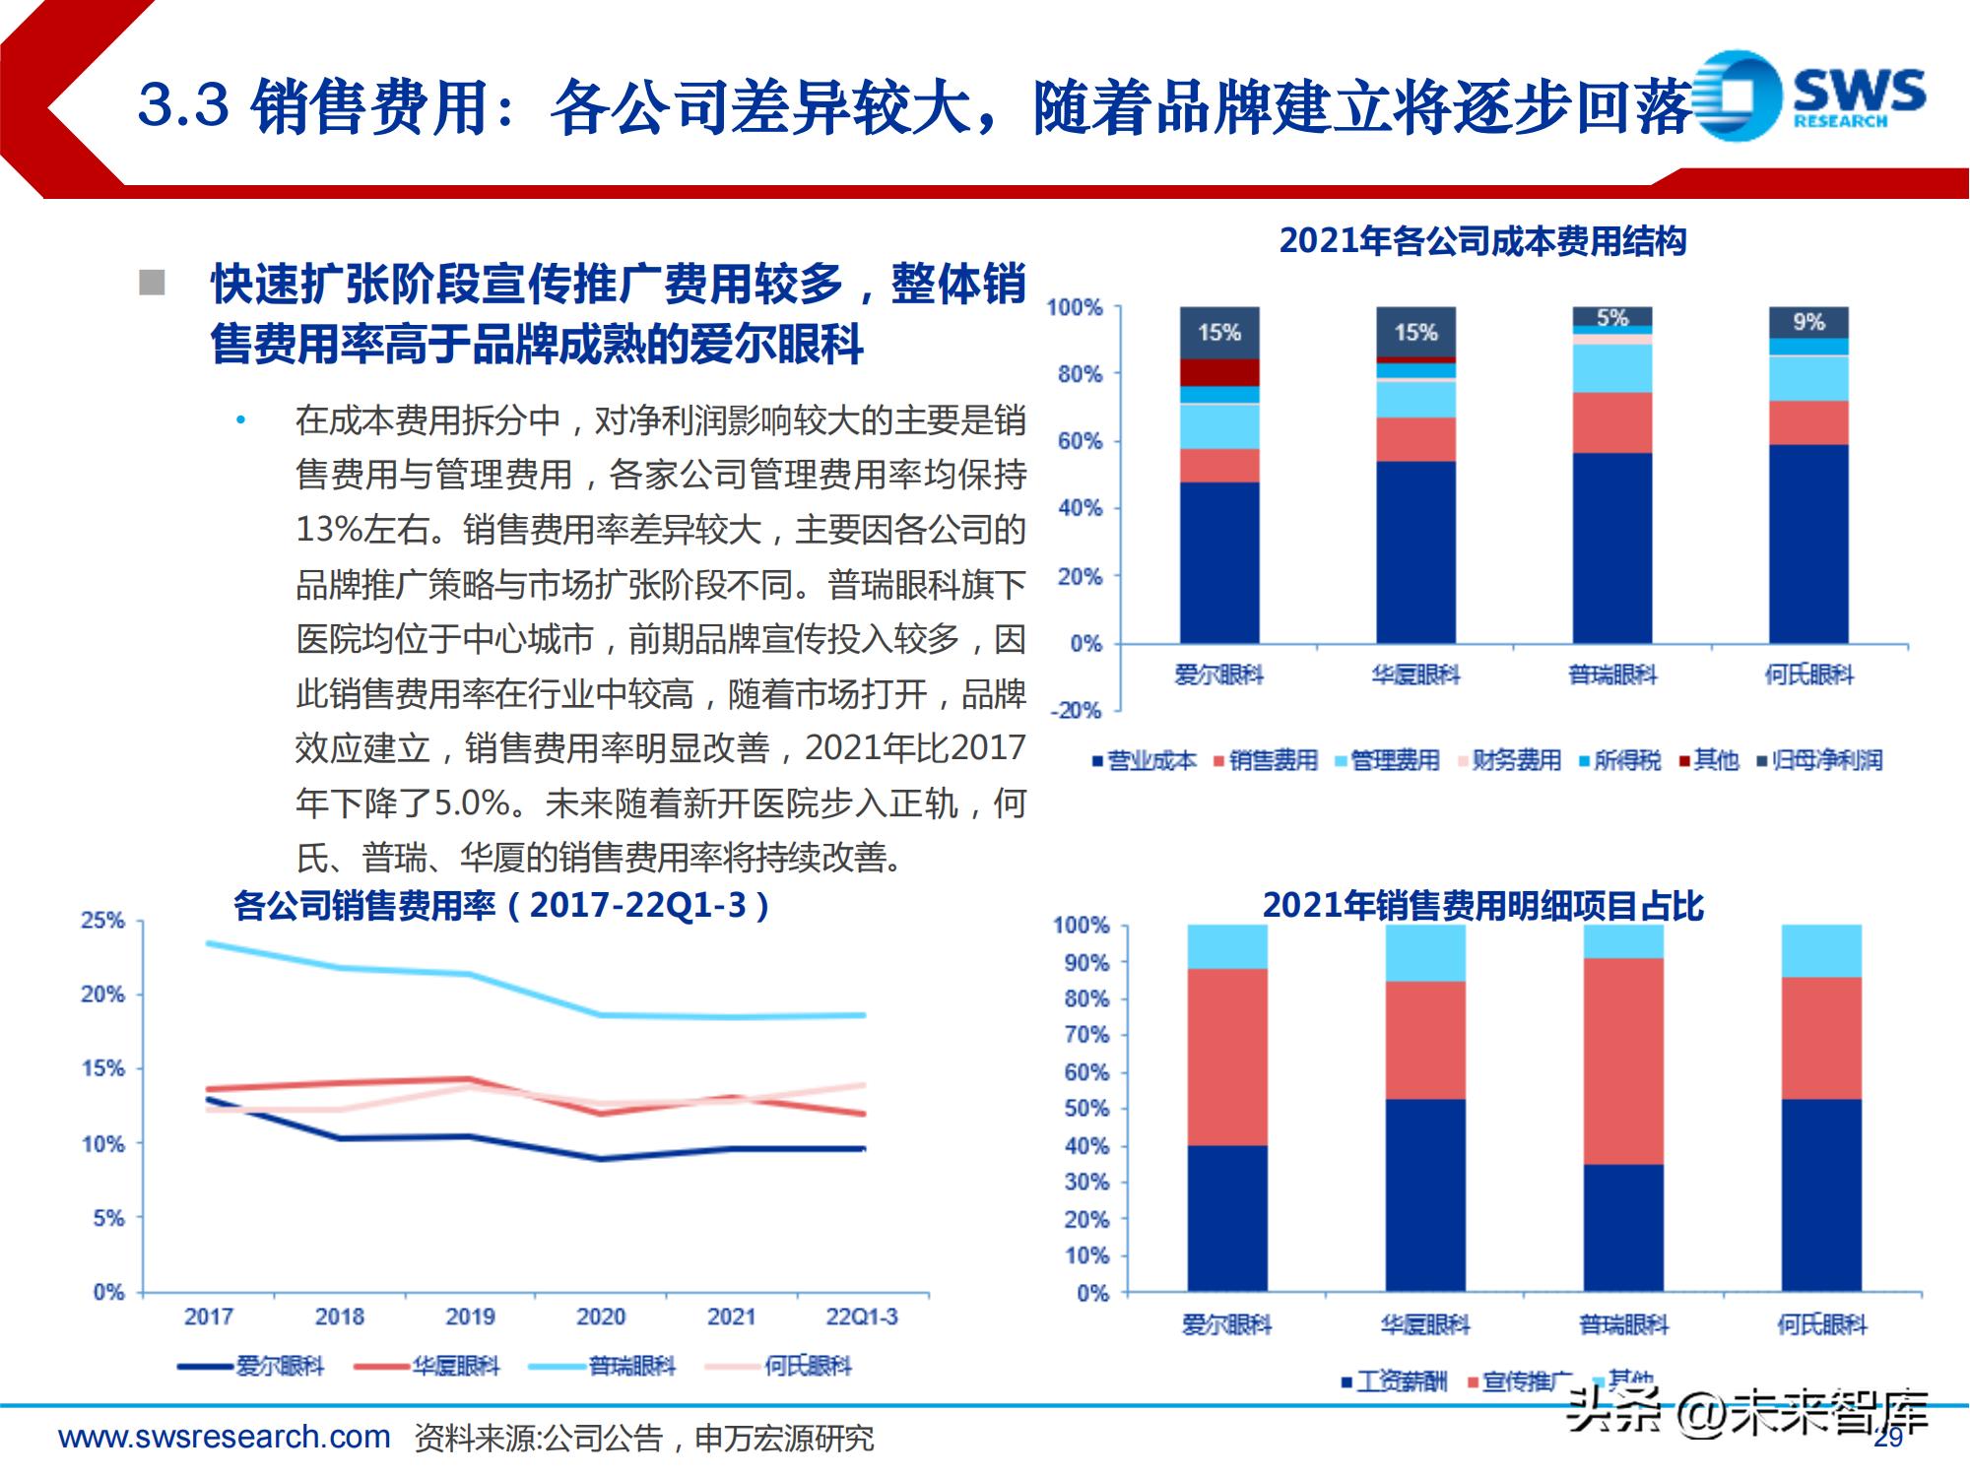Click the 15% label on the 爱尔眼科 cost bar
click(x=1218, y=333)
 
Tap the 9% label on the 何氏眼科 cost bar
click(x=1808, y=322)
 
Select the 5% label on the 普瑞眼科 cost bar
click(x=1612, y=317)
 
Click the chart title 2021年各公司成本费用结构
click(x=1482, y=241)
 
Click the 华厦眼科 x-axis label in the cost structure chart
click(x=1415, y=675)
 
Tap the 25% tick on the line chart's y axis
click(x=103, y=921)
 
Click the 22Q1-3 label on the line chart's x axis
click(x=862, y=1316)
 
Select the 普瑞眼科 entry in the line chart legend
click(x=631, y=1367)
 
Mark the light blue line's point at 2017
click(x=209, y=943)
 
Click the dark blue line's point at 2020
click(x=601, y=1158)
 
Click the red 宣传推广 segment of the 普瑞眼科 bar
click(x=1623, y=1061)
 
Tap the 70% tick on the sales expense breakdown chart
click(x=1086, y=1035)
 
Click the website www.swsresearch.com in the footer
click(x=225, y=1437)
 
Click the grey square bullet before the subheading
click(x=152, y=283)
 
